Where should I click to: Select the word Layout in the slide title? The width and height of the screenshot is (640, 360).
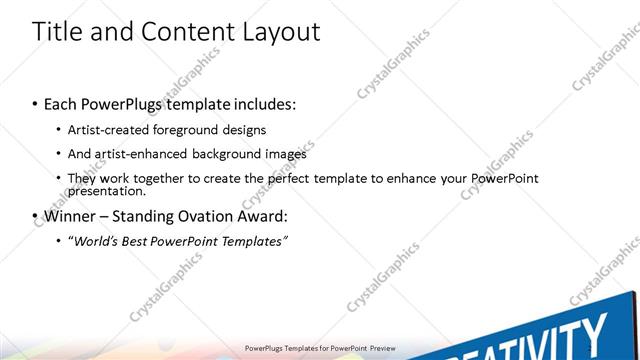pos(280,32)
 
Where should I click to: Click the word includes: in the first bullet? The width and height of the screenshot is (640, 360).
pos(262,104)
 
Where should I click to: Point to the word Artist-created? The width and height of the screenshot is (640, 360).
pos(108,129)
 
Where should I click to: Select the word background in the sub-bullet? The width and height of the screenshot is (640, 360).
pos(228,154)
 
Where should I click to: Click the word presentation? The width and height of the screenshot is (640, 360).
pos(106,191)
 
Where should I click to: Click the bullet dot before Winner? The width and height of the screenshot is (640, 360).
pos(36,216)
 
